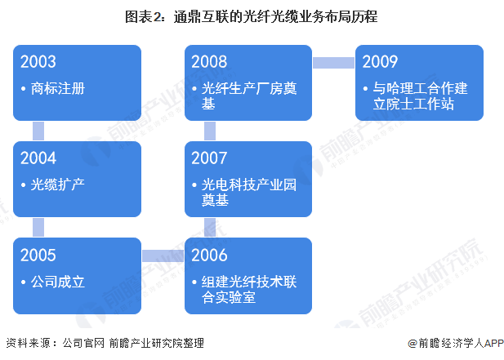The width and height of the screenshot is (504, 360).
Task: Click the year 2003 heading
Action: click(40, 63)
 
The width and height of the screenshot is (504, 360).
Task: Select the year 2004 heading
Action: click(40, 158)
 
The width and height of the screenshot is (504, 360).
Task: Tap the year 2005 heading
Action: click(40, 255)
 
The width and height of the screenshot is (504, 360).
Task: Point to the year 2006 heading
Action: click(210, 255)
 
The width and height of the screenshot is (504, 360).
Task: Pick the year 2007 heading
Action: click(210, 158)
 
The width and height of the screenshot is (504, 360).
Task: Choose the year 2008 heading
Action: click(210, 63)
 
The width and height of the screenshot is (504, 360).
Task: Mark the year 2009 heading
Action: click(380, 63)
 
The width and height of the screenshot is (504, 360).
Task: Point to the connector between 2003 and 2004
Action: click(38, 130)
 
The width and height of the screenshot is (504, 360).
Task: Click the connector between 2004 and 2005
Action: click(38, 226)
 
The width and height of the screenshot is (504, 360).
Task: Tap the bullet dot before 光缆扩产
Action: click(25, 184)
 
